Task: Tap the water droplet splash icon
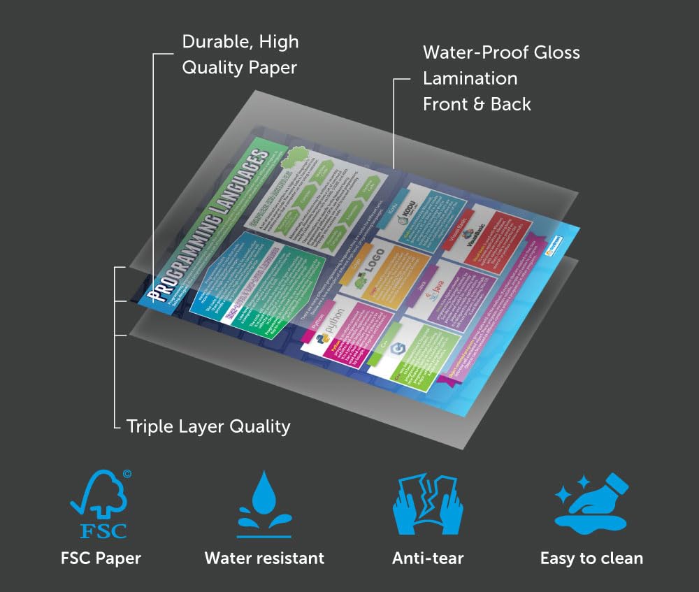(264, 503)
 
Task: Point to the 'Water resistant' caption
(264, 558)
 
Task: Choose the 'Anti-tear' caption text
(428, 558)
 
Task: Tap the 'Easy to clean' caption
(591, 558)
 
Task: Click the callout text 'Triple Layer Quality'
(208, 426)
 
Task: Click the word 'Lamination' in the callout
(470, 78)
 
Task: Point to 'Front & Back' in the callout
(477, 104)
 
